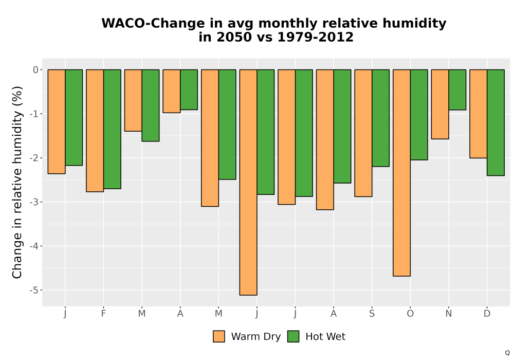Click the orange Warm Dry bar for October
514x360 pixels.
click(x=401, y=173)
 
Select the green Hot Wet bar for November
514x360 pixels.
click(x=457, y=89)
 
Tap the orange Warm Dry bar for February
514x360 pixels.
click(x=95, y=131)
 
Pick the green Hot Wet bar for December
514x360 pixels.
click(x=495, y=122)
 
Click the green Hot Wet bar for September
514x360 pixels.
click(x=380, y=118)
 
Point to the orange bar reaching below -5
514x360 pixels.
click(x=248, y=182)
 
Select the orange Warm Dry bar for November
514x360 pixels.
click(x=440, y=104)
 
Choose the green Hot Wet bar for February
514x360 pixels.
click(x=112, y=129)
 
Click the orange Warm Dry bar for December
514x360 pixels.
click(x=478, y=114)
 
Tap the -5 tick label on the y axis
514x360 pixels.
click(x=34, y=290)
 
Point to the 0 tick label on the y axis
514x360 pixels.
click(x=36, y=69)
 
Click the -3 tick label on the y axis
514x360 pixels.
click(x=34, y=202)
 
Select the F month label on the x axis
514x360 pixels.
click(x=104, y=314)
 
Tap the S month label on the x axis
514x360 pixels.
click(x=372, y=314)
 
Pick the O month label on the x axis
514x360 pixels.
click(x=410, y=314)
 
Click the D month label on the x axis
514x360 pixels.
click(x=487, y=314)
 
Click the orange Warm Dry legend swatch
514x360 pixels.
click(x=219, y=336)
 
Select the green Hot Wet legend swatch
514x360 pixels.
click(x=293, y=336)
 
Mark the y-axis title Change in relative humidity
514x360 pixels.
click(x=17, y=182)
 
